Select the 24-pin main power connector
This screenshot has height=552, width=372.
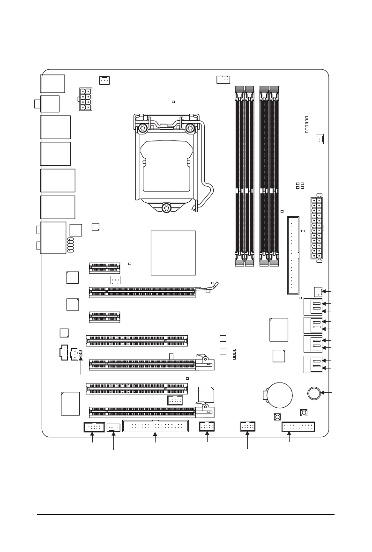[316, 228]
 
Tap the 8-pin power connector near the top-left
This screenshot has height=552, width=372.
[85, 99]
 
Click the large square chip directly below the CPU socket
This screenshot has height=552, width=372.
[173, 252]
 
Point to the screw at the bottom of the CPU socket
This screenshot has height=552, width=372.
[166, 207]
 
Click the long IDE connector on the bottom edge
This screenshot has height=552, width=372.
[155, 426]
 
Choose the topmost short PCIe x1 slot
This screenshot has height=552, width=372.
[104, 267]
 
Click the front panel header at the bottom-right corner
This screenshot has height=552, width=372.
[298, 427]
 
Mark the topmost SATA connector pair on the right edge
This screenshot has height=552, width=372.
[313, 306]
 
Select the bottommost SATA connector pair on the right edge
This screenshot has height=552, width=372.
[313, 364]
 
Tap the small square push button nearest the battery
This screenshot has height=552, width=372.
[277, 417]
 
